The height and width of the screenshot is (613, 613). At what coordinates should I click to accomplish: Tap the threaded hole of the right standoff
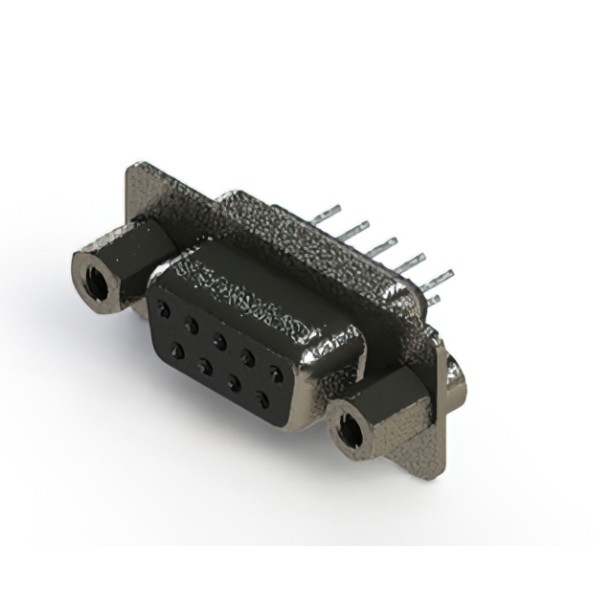351,433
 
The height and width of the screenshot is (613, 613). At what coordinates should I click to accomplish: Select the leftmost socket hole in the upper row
165,310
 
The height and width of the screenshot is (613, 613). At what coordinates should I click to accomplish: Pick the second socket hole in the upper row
192,326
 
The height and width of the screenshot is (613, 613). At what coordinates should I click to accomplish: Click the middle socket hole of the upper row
219,341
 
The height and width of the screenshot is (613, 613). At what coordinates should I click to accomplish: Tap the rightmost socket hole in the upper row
276,373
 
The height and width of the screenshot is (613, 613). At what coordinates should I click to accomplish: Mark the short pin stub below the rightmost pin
434,300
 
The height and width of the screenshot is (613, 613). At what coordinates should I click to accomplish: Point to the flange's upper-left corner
133,170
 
